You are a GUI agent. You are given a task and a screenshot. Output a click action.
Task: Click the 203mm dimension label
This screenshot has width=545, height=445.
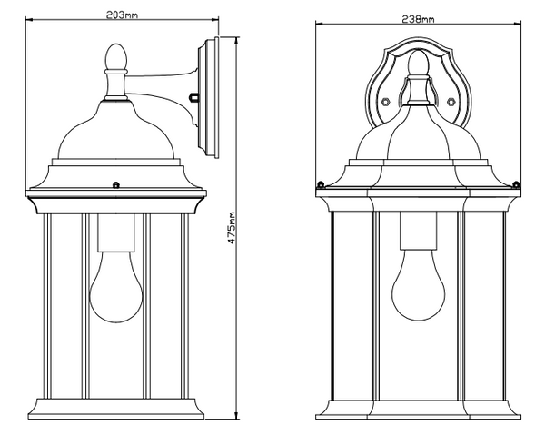[x=122, y=15]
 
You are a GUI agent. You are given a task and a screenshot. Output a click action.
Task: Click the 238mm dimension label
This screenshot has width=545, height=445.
[x=418, y=19]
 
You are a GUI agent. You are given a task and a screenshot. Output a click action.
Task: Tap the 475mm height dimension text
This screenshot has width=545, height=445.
[x=232, y=228]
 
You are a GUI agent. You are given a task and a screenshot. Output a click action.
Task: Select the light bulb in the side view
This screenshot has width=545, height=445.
[x=116, y=287]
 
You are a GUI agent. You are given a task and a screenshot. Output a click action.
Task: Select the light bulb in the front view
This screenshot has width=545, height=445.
[x=419, y=284]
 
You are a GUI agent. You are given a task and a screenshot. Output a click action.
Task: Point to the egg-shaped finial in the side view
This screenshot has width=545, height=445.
[x=116, y=56]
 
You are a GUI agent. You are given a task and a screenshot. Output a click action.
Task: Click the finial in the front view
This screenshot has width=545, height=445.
[x=418, y=64]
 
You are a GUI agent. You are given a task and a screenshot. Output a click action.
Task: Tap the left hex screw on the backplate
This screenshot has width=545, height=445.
[x=385, y=102]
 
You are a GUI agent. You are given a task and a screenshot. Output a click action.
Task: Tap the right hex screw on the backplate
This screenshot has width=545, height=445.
[x=451, y=102]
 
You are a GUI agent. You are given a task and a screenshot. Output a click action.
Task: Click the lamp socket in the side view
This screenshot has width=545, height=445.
[x=116, y=232]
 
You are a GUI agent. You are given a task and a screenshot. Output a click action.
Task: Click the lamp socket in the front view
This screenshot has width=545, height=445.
[x=419, y=231]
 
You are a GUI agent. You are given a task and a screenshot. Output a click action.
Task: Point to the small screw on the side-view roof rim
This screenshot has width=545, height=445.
[x=116, y=185]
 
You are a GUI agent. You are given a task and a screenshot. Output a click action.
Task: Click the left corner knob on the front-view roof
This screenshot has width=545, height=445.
[x=320, y=184]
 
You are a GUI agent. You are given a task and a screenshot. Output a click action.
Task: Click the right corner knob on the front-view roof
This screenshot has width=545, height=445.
[x=516, y=184]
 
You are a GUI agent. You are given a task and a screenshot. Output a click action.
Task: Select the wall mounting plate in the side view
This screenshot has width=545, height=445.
[x=208, y=97]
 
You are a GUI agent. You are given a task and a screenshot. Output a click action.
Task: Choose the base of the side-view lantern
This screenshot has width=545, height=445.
[x=116, y=409]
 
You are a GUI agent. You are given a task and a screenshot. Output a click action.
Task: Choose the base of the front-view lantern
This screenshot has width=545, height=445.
[x=418, y=410]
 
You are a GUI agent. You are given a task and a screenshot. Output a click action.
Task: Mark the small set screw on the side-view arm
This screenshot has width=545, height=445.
[x=193, y=97]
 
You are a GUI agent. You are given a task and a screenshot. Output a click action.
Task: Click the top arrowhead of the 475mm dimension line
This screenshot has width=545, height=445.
[x=237, y=40]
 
